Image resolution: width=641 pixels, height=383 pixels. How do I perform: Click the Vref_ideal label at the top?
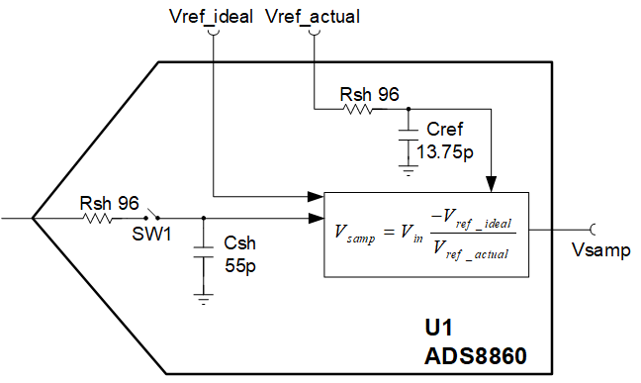[211, 15]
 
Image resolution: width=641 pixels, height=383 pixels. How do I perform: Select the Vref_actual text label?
[314, 15]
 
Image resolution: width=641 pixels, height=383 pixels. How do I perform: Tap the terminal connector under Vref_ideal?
[213, 32]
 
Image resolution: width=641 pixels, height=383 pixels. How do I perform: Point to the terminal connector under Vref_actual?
[315, 32]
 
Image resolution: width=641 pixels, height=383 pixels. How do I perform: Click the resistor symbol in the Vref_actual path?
[358, 109]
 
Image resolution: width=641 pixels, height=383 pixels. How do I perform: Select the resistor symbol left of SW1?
[98, 218]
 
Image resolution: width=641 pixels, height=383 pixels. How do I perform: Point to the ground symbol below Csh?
[203, 296]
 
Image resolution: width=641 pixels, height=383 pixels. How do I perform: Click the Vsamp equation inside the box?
[425, 235]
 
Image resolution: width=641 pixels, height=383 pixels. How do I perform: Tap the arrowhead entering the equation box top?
[492, 184]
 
